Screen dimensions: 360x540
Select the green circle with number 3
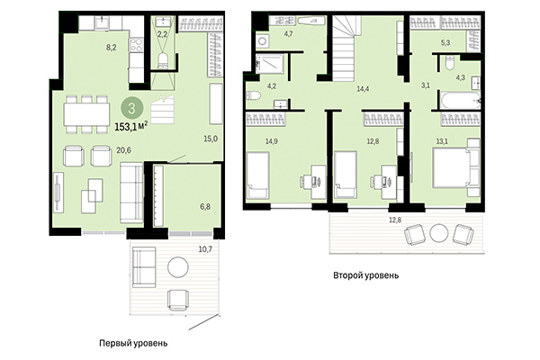[x=133, y=110]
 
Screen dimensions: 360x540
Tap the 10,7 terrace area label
[x=205, y=247]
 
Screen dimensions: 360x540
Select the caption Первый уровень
[x=133, y=343]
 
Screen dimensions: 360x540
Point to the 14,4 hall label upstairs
[x=364, y=88]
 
